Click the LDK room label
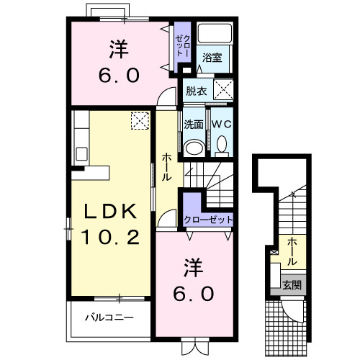tap(112, 212)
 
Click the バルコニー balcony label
tap(108, 316)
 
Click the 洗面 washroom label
tap(193, 123)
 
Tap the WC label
tap(220, 123)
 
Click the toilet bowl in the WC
tap(221, 146)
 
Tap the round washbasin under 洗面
tap(193, 147)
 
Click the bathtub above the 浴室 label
tap(214, 35)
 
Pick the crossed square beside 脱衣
tap(223, 91)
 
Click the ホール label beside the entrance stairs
tap(294, 251)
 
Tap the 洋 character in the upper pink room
tap(120, 50)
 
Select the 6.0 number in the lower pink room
tap(192, 294)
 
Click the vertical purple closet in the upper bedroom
tap(181, 47)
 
